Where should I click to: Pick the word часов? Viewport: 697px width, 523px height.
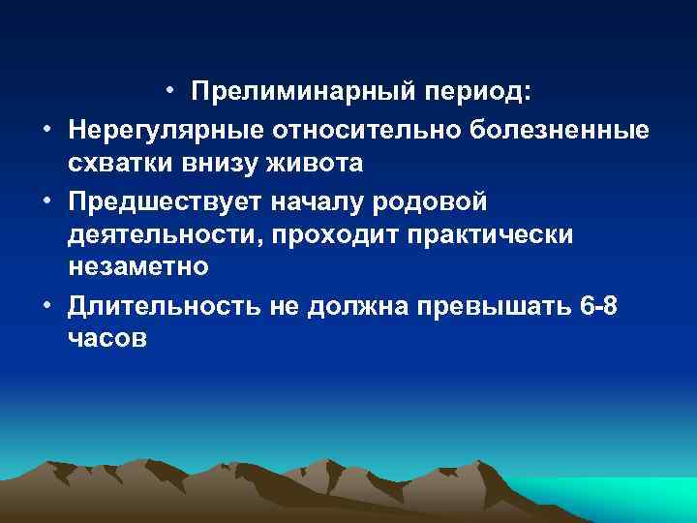point(107,341)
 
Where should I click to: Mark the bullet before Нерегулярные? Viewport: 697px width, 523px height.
point(46,127)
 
